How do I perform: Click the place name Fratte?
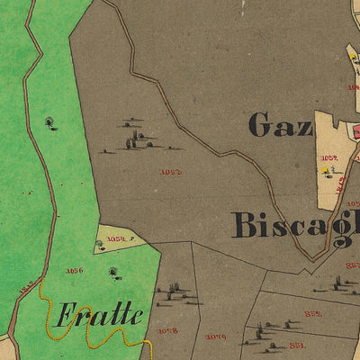100,316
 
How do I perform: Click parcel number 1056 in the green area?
74,269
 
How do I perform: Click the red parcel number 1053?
170,171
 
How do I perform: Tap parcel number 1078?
167,331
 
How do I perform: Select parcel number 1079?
215,337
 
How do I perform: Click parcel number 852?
313,313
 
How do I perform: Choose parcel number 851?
297,344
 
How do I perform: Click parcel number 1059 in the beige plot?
328,157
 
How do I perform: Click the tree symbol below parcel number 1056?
113,271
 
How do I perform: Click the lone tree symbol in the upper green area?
49,121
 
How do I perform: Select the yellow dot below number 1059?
324,169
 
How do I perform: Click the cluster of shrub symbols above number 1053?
135,135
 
